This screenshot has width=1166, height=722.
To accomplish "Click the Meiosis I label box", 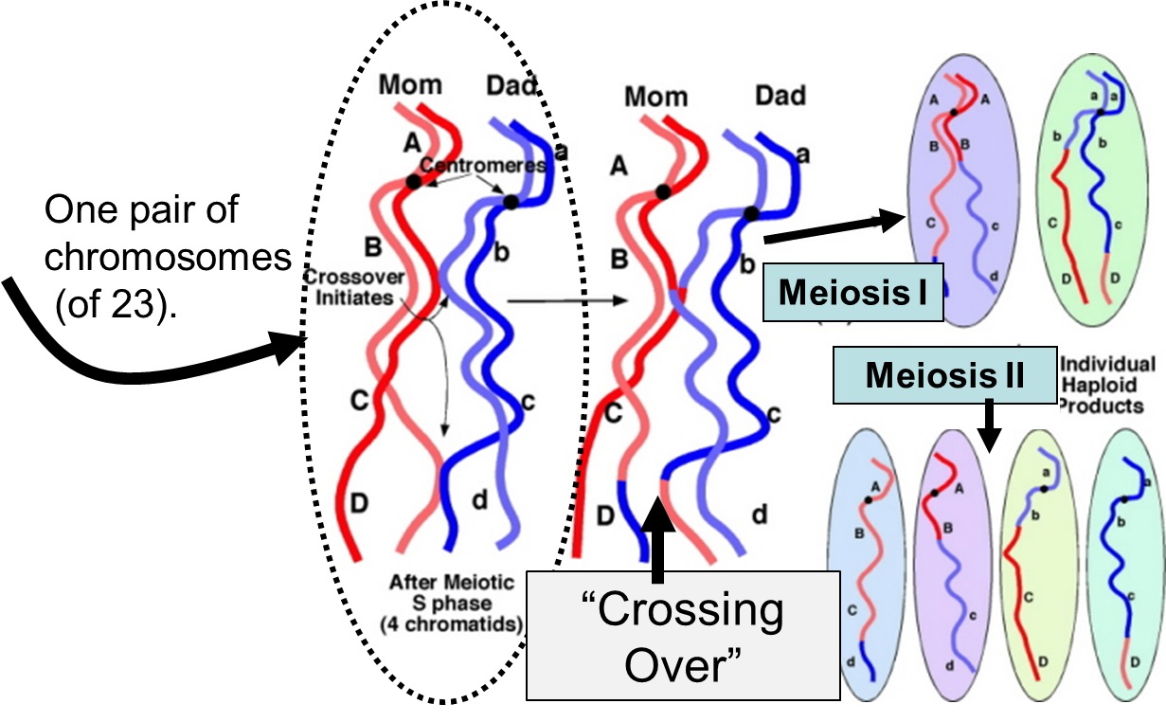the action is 852,292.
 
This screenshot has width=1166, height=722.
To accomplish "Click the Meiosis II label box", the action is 944,375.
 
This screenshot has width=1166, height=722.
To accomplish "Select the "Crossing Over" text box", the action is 683,636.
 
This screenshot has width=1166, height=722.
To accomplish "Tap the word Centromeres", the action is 483,165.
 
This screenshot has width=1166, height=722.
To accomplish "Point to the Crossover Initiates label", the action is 354,287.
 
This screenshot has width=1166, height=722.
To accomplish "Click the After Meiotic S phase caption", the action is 452,603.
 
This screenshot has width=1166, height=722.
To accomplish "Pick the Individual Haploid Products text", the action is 1107,385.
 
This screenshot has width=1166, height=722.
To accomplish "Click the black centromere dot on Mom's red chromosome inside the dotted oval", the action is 413,182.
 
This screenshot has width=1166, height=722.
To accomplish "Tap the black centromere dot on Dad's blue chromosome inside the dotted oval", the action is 511,202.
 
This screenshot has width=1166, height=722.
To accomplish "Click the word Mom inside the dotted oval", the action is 410,85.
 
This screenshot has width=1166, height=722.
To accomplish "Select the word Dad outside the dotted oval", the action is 780,96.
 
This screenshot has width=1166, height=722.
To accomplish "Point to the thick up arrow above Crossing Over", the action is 658,539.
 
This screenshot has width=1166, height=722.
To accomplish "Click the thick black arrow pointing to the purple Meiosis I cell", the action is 834,227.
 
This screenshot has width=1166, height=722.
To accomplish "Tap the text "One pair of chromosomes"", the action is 168,233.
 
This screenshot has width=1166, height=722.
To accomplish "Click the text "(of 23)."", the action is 116,304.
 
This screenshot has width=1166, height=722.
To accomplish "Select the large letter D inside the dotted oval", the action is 359,504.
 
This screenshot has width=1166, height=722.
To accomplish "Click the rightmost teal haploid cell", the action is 1125,565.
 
